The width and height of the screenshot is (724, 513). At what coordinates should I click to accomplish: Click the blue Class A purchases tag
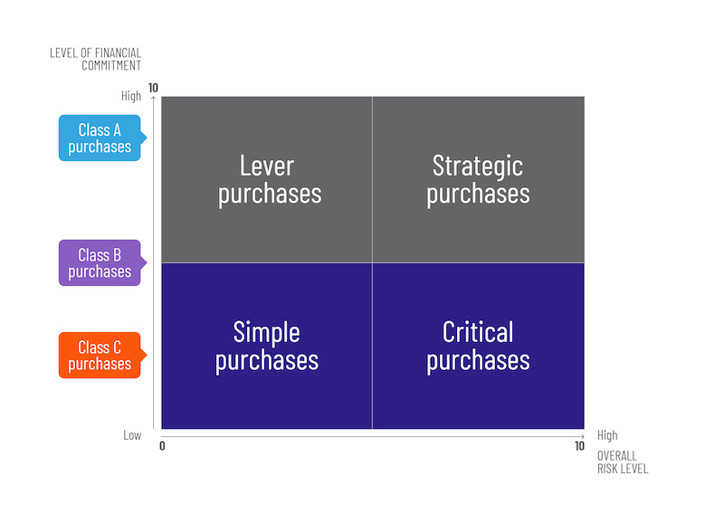pos(100,138)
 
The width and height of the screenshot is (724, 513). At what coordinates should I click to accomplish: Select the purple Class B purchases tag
pos(100,263)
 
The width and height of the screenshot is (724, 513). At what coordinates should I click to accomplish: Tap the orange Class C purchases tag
pos(100,356)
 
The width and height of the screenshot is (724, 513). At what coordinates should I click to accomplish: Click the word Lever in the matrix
pos(267,166)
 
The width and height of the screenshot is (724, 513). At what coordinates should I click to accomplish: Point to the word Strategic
pos(478,166)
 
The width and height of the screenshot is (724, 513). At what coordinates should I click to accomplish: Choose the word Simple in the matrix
pos(267,332)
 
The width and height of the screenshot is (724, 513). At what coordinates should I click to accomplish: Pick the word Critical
pos(478,332)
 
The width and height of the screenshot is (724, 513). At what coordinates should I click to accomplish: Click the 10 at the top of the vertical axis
pos(153,88)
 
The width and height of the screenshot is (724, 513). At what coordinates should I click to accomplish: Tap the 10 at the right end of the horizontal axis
pos(579,446)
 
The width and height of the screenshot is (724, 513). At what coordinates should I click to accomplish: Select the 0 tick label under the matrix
pos(162,446)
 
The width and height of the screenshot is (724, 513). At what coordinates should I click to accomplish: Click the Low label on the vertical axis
pos(133,435)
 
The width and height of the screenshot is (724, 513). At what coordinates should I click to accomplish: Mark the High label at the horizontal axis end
pos(607,435)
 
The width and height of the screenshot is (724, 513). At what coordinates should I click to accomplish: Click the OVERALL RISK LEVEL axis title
pos(623,462)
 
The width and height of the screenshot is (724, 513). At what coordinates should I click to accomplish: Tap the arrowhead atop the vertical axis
pos(155,99)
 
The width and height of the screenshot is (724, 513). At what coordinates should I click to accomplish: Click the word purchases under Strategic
pos(478,193)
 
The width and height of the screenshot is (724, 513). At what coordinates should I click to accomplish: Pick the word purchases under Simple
pos(267,360)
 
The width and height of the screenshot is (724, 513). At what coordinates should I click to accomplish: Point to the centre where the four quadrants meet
pos(372,263)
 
